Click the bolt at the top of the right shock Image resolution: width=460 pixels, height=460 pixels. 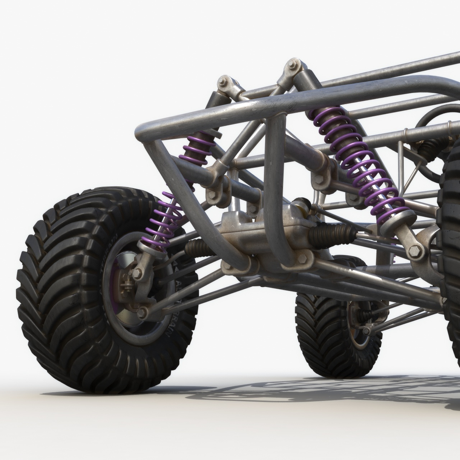point(293,65)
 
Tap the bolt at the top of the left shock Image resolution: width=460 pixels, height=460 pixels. point(223,81)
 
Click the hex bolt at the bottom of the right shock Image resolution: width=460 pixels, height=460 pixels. point(415,251)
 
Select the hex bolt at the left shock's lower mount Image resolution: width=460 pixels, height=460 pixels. point(137,274)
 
